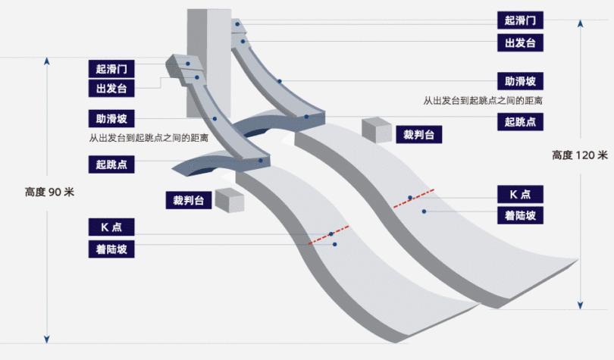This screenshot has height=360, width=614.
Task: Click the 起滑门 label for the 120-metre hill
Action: click(x=520, y=20)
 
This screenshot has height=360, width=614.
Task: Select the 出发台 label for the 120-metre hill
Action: click(x=520, y=42)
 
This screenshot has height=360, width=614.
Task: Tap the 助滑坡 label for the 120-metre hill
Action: click(x=520, y=81)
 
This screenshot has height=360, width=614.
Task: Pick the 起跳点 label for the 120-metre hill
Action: click(x=520, y=120)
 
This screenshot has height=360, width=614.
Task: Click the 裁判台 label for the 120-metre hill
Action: click(x=418, y=135)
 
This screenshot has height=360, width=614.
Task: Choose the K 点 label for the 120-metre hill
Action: click(x=520, y=193)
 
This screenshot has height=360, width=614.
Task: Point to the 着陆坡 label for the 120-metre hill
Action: click(x=520, y=215)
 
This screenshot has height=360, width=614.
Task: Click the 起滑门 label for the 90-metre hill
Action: click(x=111, y=69)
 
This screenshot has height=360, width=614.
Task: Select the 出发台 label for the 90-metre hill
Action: click(x=111, y=89)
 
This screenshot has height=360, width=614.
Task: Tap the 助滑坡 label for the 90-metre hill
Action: click(x=111, y=119)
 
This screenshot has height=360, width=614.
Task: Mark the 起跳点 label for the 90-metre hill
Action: click(x=111, y=163)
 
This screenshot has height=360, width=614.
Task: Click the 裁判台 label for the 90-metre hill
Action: click(x=189, y=200)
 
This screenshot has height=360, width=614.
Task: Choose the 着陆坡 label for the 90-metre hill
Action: click(x=111, y=248)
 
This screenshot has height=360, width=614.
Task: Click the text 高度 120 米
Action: click(x=580, y=155)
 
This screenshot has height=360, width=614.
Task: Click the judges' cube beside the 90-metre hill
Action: click(x=229, y=200)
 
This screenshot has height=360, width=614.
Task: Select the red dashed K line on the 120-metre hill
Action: click(x=413, y=197)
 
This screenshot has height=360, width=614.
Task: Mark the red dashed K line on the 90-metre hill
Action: click(x=329, y=235)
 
